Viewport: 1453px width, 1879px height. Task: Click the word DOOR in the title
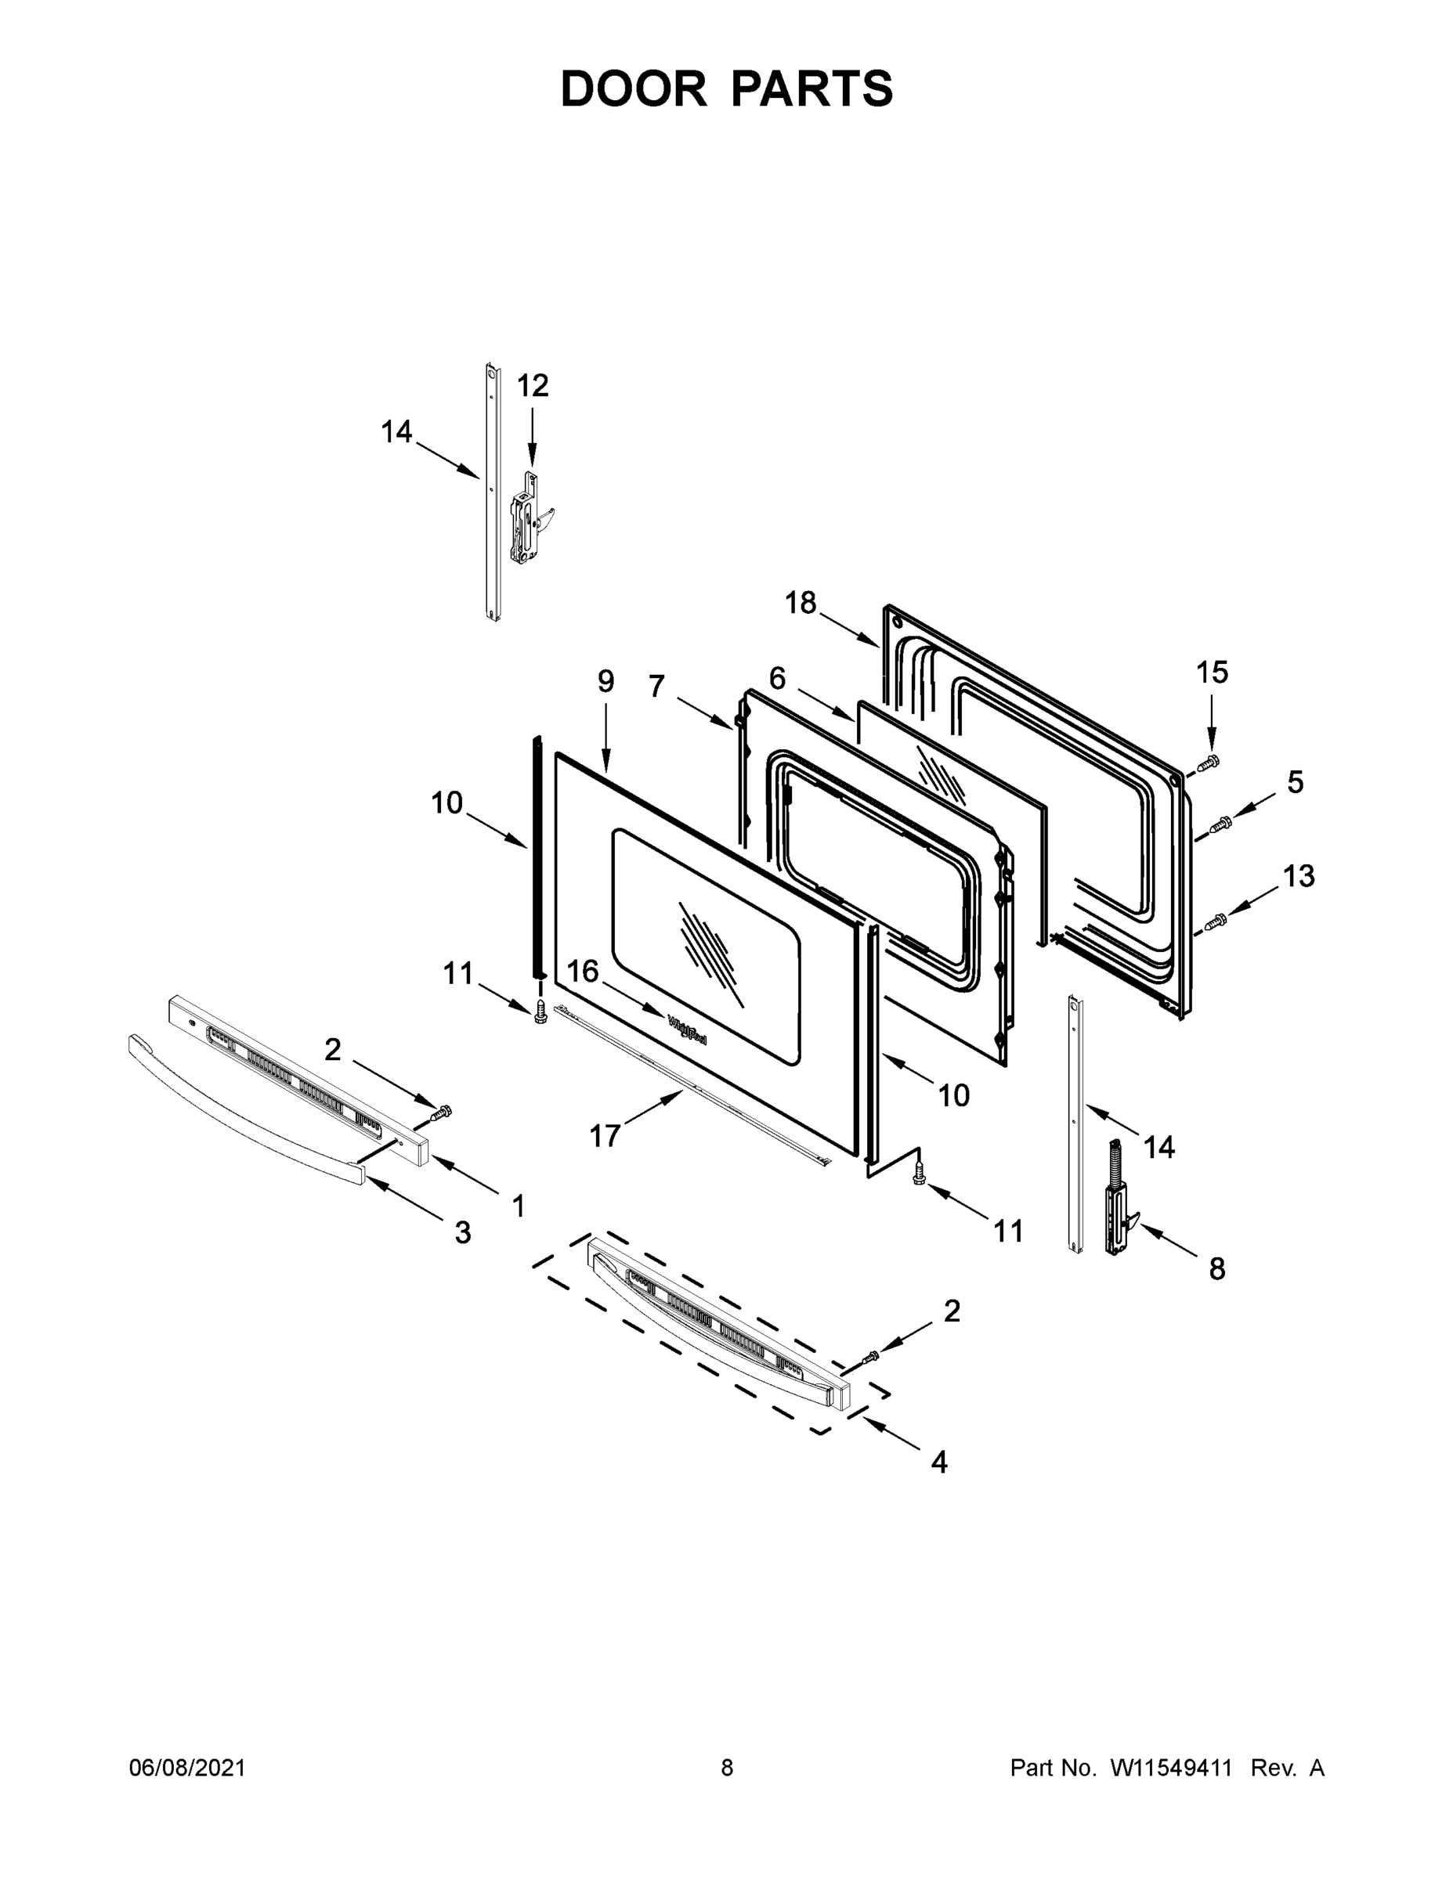634,88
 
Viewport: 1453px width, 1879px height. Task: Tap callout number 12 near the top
532,385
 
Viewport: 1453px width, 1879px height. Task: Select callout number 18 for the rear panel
800,603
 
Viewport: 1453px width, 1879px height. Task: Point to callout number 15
1212,672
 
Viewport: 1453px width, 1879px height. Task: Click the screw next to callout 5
1220,824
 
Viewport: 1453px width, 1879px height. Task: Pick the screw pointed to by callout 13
1215,921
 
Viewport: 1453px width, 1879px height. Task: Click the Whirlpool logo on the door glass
687,1029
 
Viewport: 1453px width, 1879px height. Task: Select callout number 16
583,972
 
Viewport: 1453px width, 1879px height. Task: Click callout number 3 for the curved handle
462,1232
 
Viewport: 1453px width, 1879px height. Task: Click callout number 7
656,686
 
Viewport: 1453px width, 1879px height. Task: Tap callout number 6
776,678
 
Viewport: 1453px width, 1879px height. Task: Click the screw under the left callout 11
540,1012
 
